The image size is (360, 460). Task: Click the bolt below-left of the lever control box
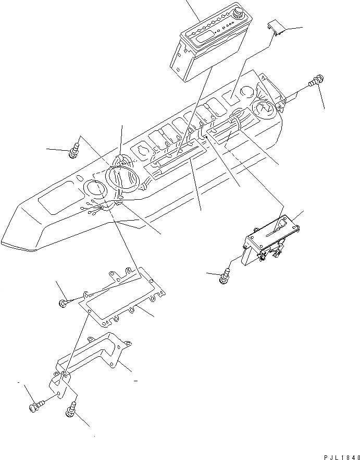pyautogui.click(x=225, y=275)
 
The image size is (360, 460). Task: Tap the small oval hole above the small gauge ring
pyautogui.click(x=78, y=179)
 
